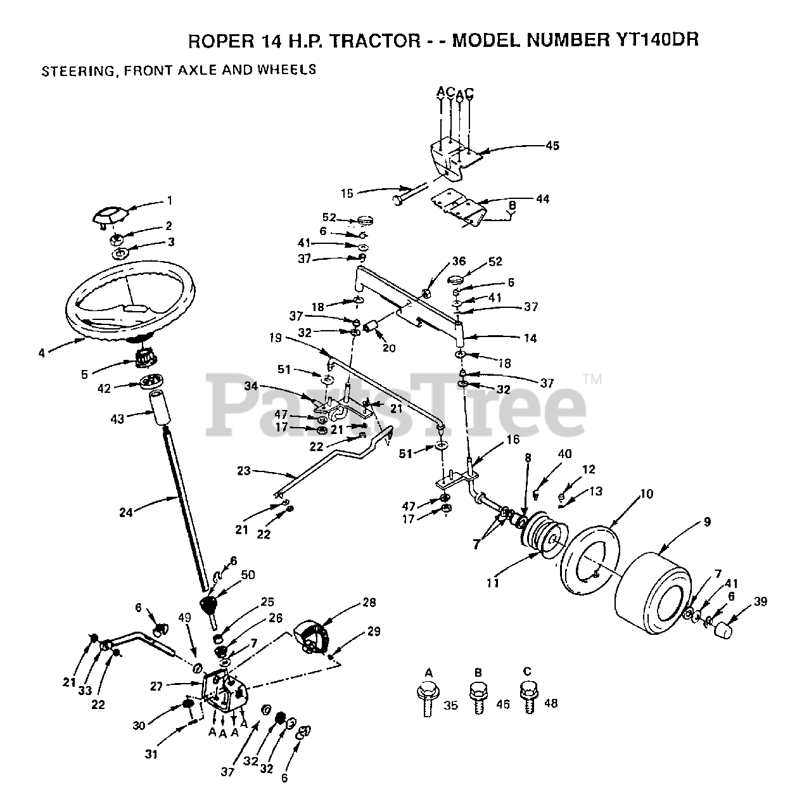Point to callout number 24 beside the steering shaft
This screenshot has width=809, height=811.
tap(126, 512)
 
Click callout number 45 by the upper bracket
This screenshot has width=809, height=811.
tap(552, 145)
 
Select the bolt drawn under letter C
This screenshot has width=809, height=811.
tap(527, 696)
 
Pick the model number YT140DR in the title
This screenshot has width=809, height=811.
tap(656, 40)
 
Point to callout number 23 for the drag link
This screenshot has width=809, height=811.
tap(243, 471)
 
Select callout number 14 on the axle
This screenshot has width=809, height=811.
tap(530, 338)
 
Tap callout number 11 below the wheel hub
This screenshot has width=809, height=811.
tap(492, 582)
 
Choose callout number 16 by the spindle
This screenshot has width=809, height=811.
tap(513, 440)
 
